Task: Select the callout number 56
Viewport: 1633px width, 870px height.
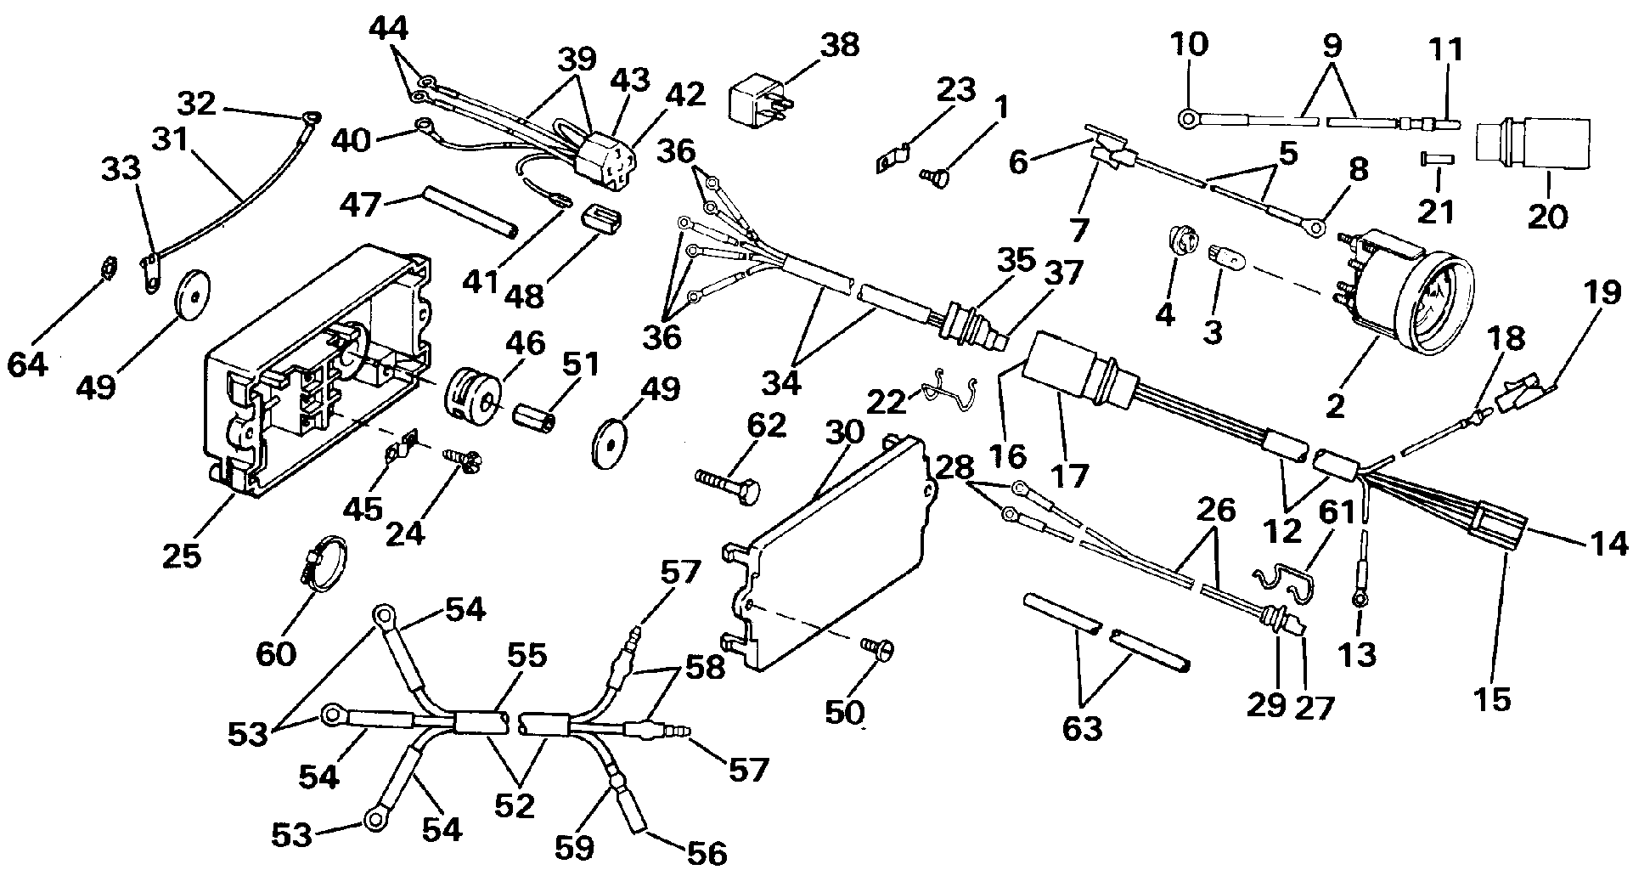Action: [706, 851]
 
